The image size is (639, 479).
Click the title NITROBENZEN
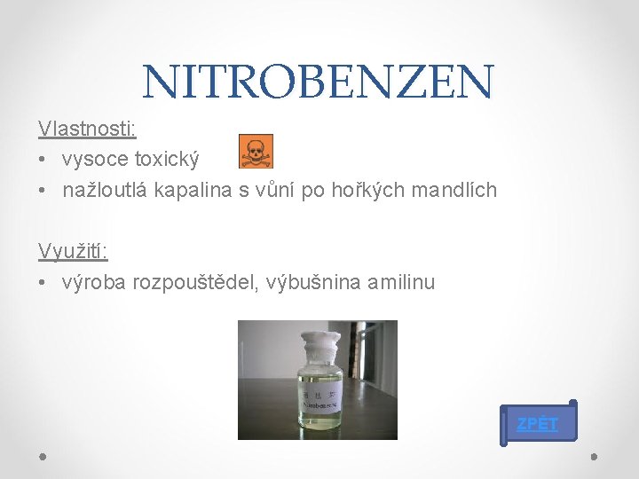coord(318,82)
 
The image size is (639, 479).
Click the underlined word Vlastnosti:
coord(87,129)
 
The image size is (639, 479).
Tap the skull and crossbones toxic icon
coord(256,152)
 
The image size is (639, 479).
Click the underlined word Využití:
coord(73,251)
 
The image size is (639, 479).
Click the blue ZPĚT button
coord(538,423)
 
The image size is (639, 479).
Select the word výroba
coord(95,283)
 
